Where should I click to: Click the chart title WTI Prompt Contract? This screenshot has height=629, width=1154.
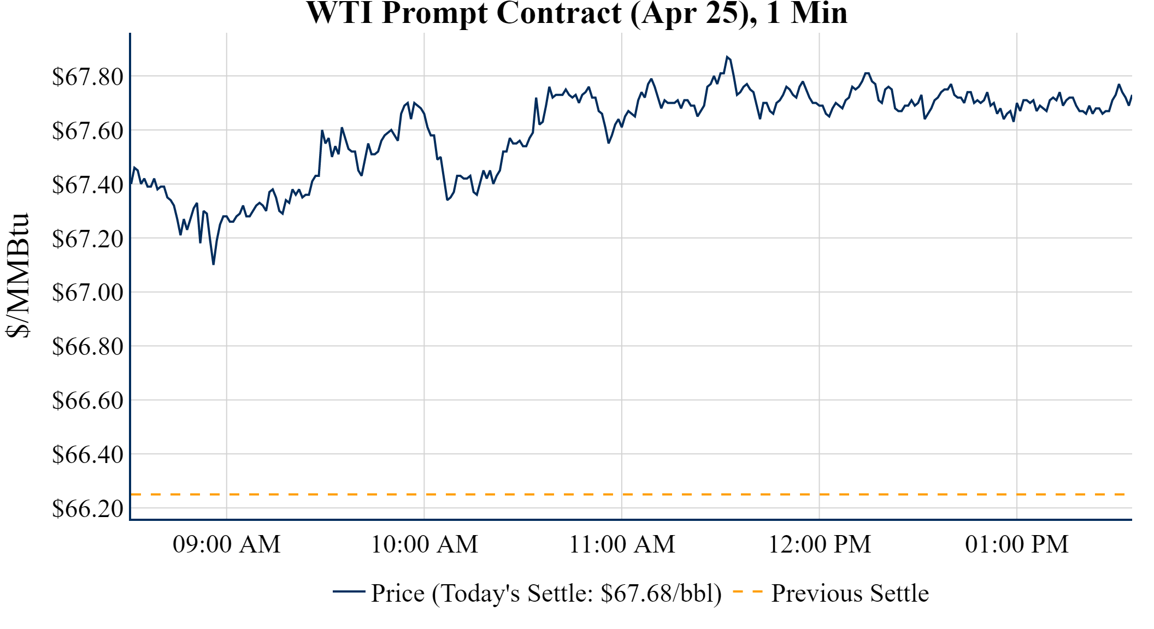pos(576,13)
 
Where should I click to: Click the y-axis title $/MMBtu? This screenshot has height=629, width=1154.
pos(17,276)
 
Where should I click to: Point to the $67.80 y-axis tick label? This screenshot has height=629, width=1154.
pos(87,77)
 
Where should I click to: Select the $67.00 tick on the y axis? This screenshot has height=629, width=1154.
pos(87,293)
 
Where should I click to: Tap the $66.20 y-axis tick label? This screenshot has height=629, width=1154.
pos(87,509)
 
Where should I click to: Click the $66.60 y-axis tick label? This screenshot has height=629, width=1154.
pos(87,401)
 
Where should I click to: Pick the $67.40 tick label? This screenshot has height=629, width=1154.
pos(87,185)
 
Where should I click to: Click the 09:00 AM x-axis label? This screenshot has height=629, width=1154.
pos(227,544)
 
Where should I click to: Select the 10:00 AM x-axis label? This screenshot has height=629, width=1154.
pos(425,544)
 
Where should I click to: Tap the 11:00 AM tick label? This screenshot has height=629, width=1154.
pos(622,544)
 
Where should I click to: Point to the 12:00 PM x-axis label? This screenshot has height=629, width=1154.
pos(820,544)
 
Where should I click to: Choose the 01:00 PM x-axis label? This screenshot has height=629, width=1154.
pos(1017,544)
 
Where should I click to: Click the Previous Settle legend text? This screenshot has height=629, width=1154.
pos(850,594)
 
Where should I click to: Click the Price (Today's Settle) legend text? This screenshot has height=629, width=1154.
pos(546,594)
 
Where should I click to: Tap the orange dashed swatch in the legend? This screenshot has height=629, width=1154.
pos(747,592)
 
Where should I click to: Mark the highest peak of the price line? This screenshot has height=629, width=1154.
pos(727,57)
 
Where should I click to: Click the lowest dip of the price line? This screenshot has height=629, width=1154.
pos(213,264)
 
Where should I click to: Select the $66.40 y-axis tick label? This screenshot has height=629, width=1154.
pos(87,455)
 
